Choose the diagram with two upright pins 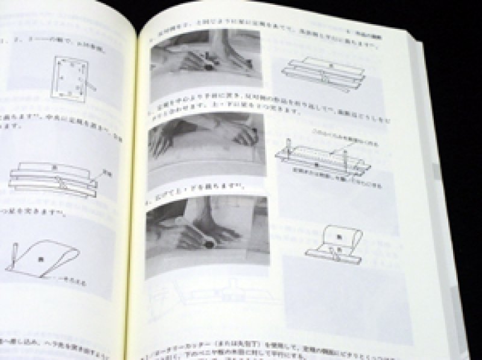click(323, 158)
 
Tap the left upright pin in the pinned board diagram click(289, 148)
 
